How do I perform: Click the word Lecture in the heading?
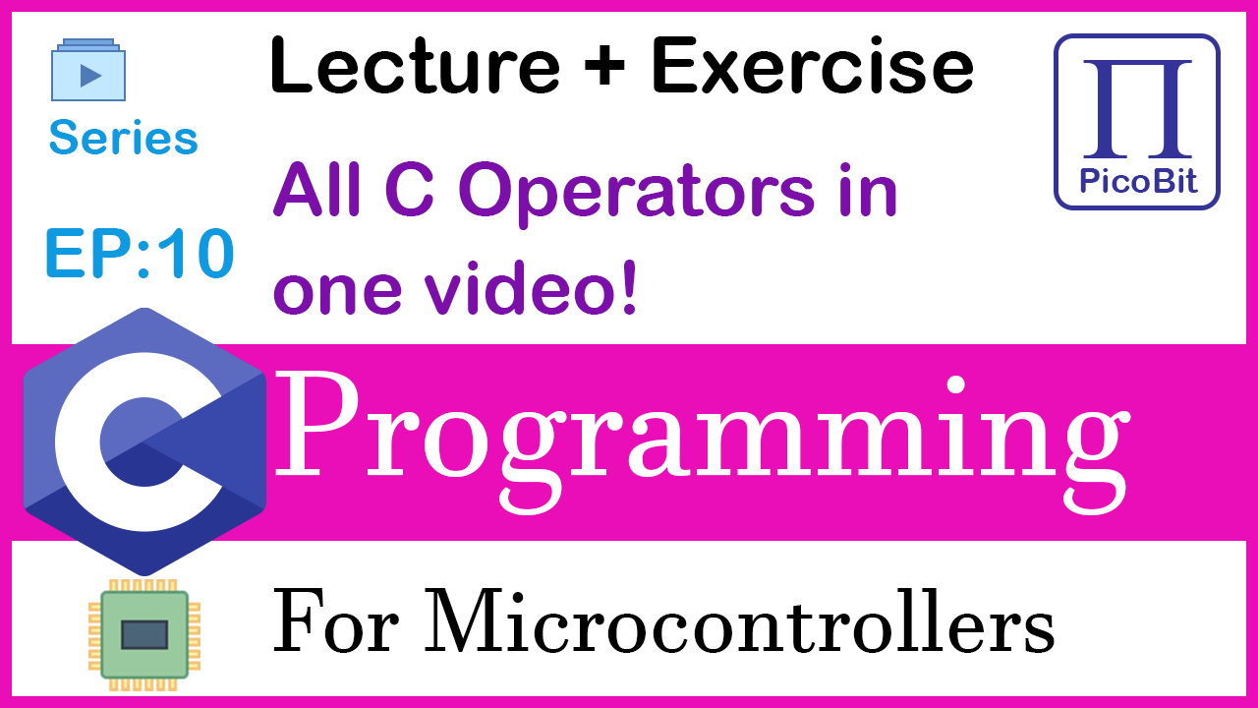coord(415,65)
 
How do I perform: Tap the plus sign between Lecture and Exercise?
coord(604,66)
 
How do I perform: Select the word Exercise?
coord(812,65)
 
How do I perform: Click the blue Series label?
coord(124,137)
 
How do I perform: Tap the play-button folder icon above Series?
coord(88,70)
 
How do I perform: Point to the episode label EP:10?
coord(140,253)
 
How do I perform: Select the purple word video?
coord(530,288)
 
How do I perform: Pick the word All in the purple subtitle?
coord(316,189)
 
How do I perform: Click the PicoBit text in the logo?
coord(1138,181)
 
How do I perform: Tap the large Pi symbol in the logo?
coord(1137,108)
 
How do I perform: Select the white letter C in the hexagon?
coord(139,442)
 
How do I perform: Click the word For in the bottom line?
coord(335,619)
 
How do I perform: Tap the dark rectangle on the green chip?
coord(144,635)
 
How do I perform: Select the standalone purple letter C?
coord(410,189)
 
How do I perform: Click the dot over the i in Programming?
coord(955,385)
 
